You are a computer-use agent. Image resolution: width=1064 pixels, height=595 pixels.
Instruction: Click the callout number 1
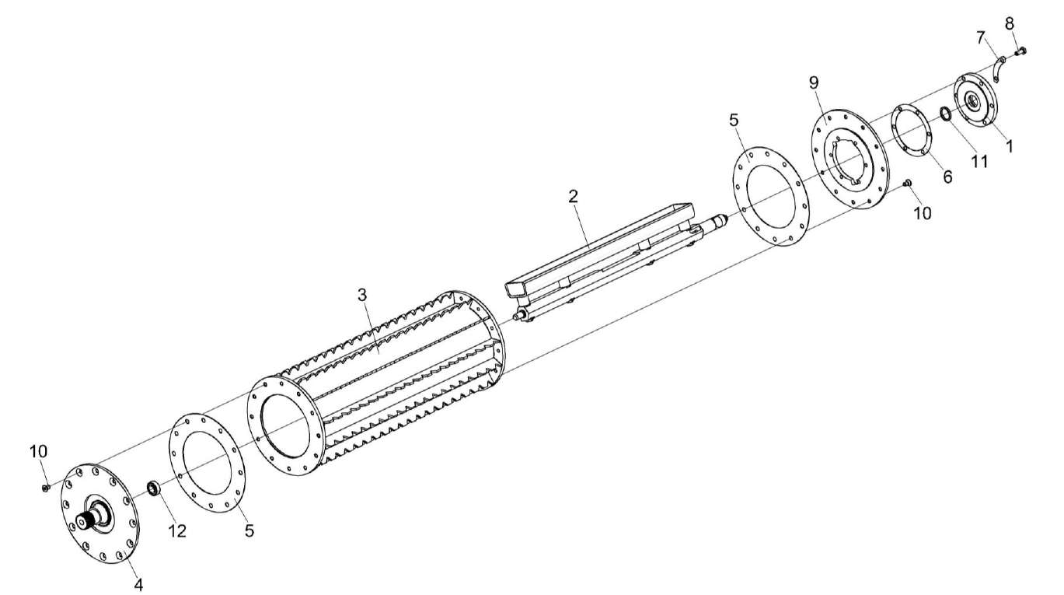point(1010,144)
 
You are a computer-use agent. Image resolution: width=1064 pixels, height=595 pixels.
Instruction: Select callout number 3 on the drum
point(361,296)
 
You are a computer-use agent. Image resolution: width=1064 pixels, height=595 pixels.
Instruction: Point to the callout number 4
point(138,583)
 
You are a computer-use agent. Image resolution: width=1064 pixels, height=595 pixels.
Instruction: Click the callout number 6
point(947,177)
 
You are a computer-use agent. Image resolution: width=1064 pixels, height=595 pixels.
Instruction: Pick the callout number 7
point(981,37)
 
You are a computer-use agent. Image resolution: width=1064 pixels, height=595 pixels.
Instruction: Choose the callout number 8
point(1010,23)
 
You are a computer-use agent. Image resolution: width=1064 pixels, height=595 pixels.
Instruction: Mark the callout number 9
point(814,82)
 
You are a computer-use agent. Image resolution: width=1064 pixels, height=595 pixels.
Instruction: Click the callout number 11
point(979,161)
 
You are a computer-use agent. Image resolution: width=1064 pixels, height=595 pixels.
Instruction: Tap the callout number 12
point(177,530)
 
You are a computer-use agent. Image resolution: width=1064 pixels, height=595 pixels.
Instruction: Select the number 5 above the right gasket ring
point(734,121)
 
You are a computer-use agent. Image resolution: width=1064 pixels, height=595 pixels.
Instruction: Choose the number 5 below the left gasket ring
point(249,531)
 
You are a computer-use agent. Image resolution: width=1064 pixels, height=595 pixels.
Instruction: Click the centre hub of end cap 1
point(973,100)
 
